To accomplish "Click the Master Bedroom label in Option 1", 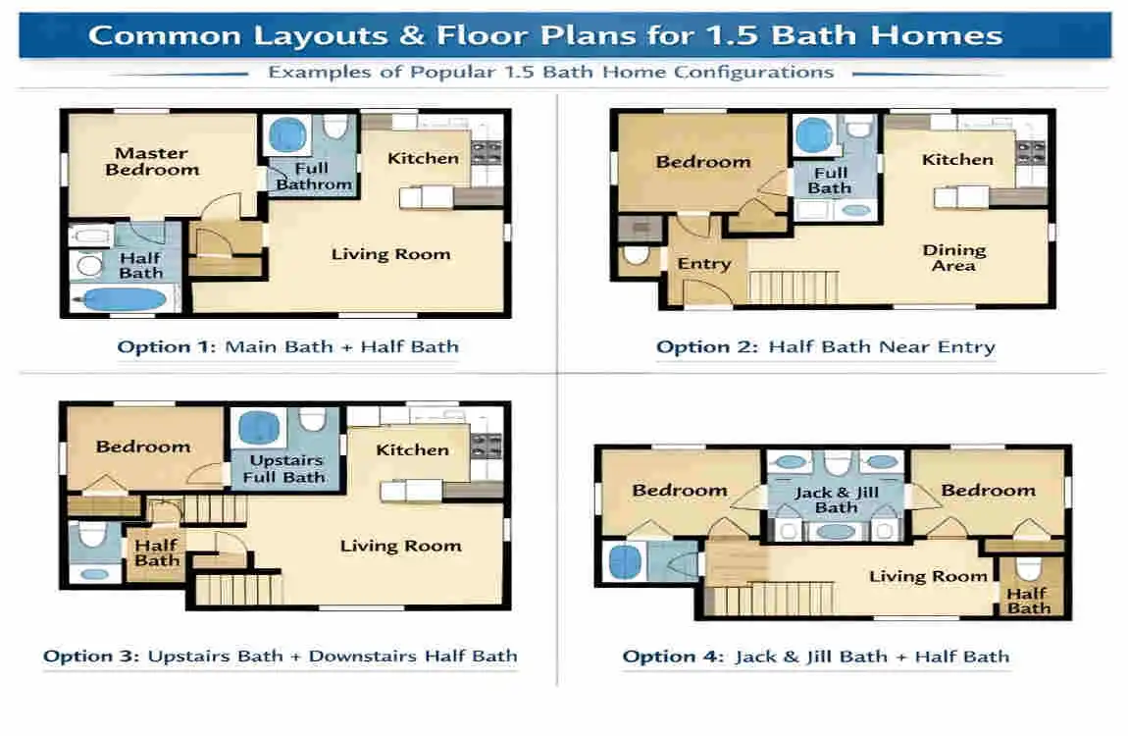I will click(152, 161).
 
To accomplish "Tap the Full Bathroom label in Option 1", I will click(313, 176).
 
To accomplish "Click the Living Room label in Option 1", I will click(390, 254).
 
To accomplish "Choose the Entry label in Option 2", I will click(703, 263).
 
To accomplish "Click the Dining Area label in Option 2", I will click(953, 257).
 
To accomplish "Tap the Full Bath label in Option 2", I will click(830, 180).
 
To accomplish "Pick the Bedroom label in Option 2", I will click(702, 162).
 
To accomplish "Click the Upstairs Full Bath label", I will click(284, 468).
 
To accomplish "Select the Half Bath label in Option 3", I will click(157, 552).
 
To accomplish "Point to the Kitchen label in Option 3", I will click(412, 449).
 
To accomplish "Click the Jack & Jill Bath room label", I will click(836, 499).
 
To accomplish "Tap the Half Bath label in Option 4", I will click(1028, 601).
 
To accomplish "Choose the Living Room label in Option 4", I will click(927, 576).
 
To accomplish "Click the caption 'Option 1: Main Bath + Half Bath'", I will click(287, 346).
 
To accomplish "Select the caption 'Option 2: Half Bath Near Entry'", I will click(825, 346).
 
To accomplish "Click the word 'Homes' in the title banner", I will click(942, 36).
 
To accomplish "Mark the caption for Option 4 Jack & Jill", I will click(815, 657).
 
